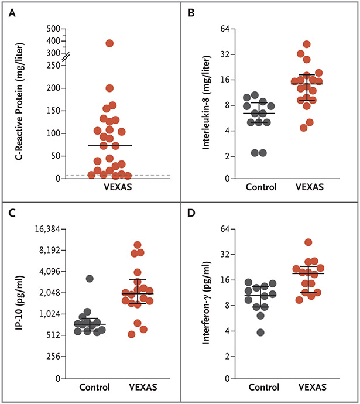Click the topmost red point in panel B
[306, 44]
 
